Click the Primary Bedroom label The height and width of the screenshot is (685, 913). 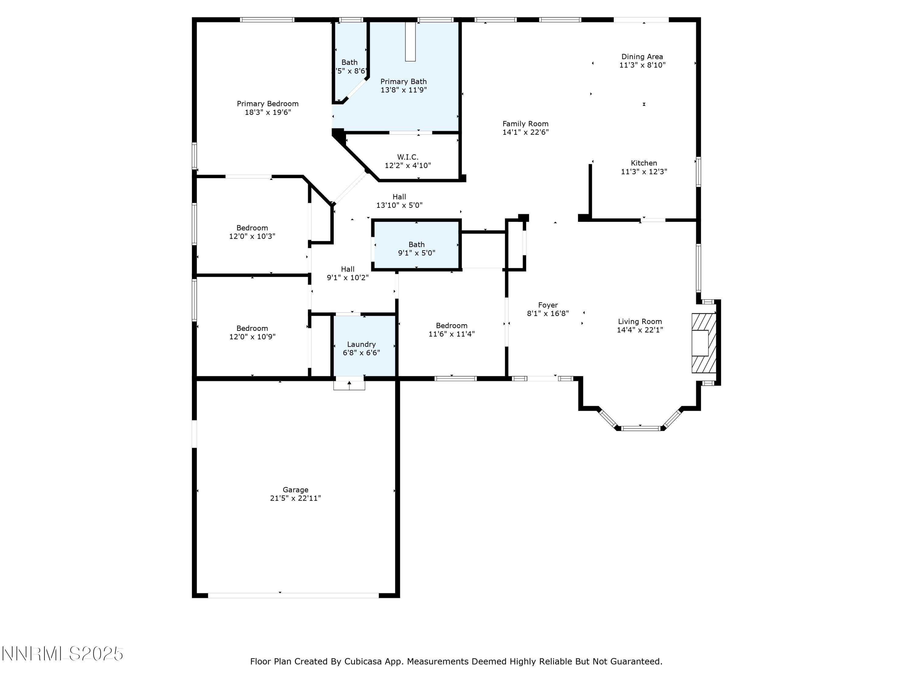[268, 104]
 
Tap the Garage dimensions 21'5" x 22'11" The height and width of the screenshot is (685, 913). [295, 498]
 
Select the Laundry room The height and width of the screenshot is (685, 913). [362, 348]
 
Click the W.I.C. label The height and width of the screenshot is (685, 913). [408, 157]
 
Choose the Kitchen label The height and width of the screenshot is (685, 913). [643, 163]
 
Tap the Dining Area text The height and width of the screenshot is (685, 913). [642, 57]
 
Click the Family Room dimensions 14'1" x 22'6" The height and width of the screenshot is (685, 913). [525, 132]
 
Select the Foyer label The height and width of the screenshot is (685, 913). [548, 305]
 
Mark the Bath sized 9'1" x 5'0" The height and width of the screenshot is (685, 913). [416, 248]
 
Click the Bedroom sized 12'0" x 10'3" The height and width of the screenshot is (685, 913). [252, 232]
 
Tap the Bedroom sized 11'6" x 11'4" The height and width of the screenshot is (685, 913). [452, 329]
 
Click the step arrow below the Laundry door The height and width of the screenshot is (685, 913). [349, 385]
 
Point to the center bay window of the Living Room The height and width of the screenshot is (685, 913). [640, 428]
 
